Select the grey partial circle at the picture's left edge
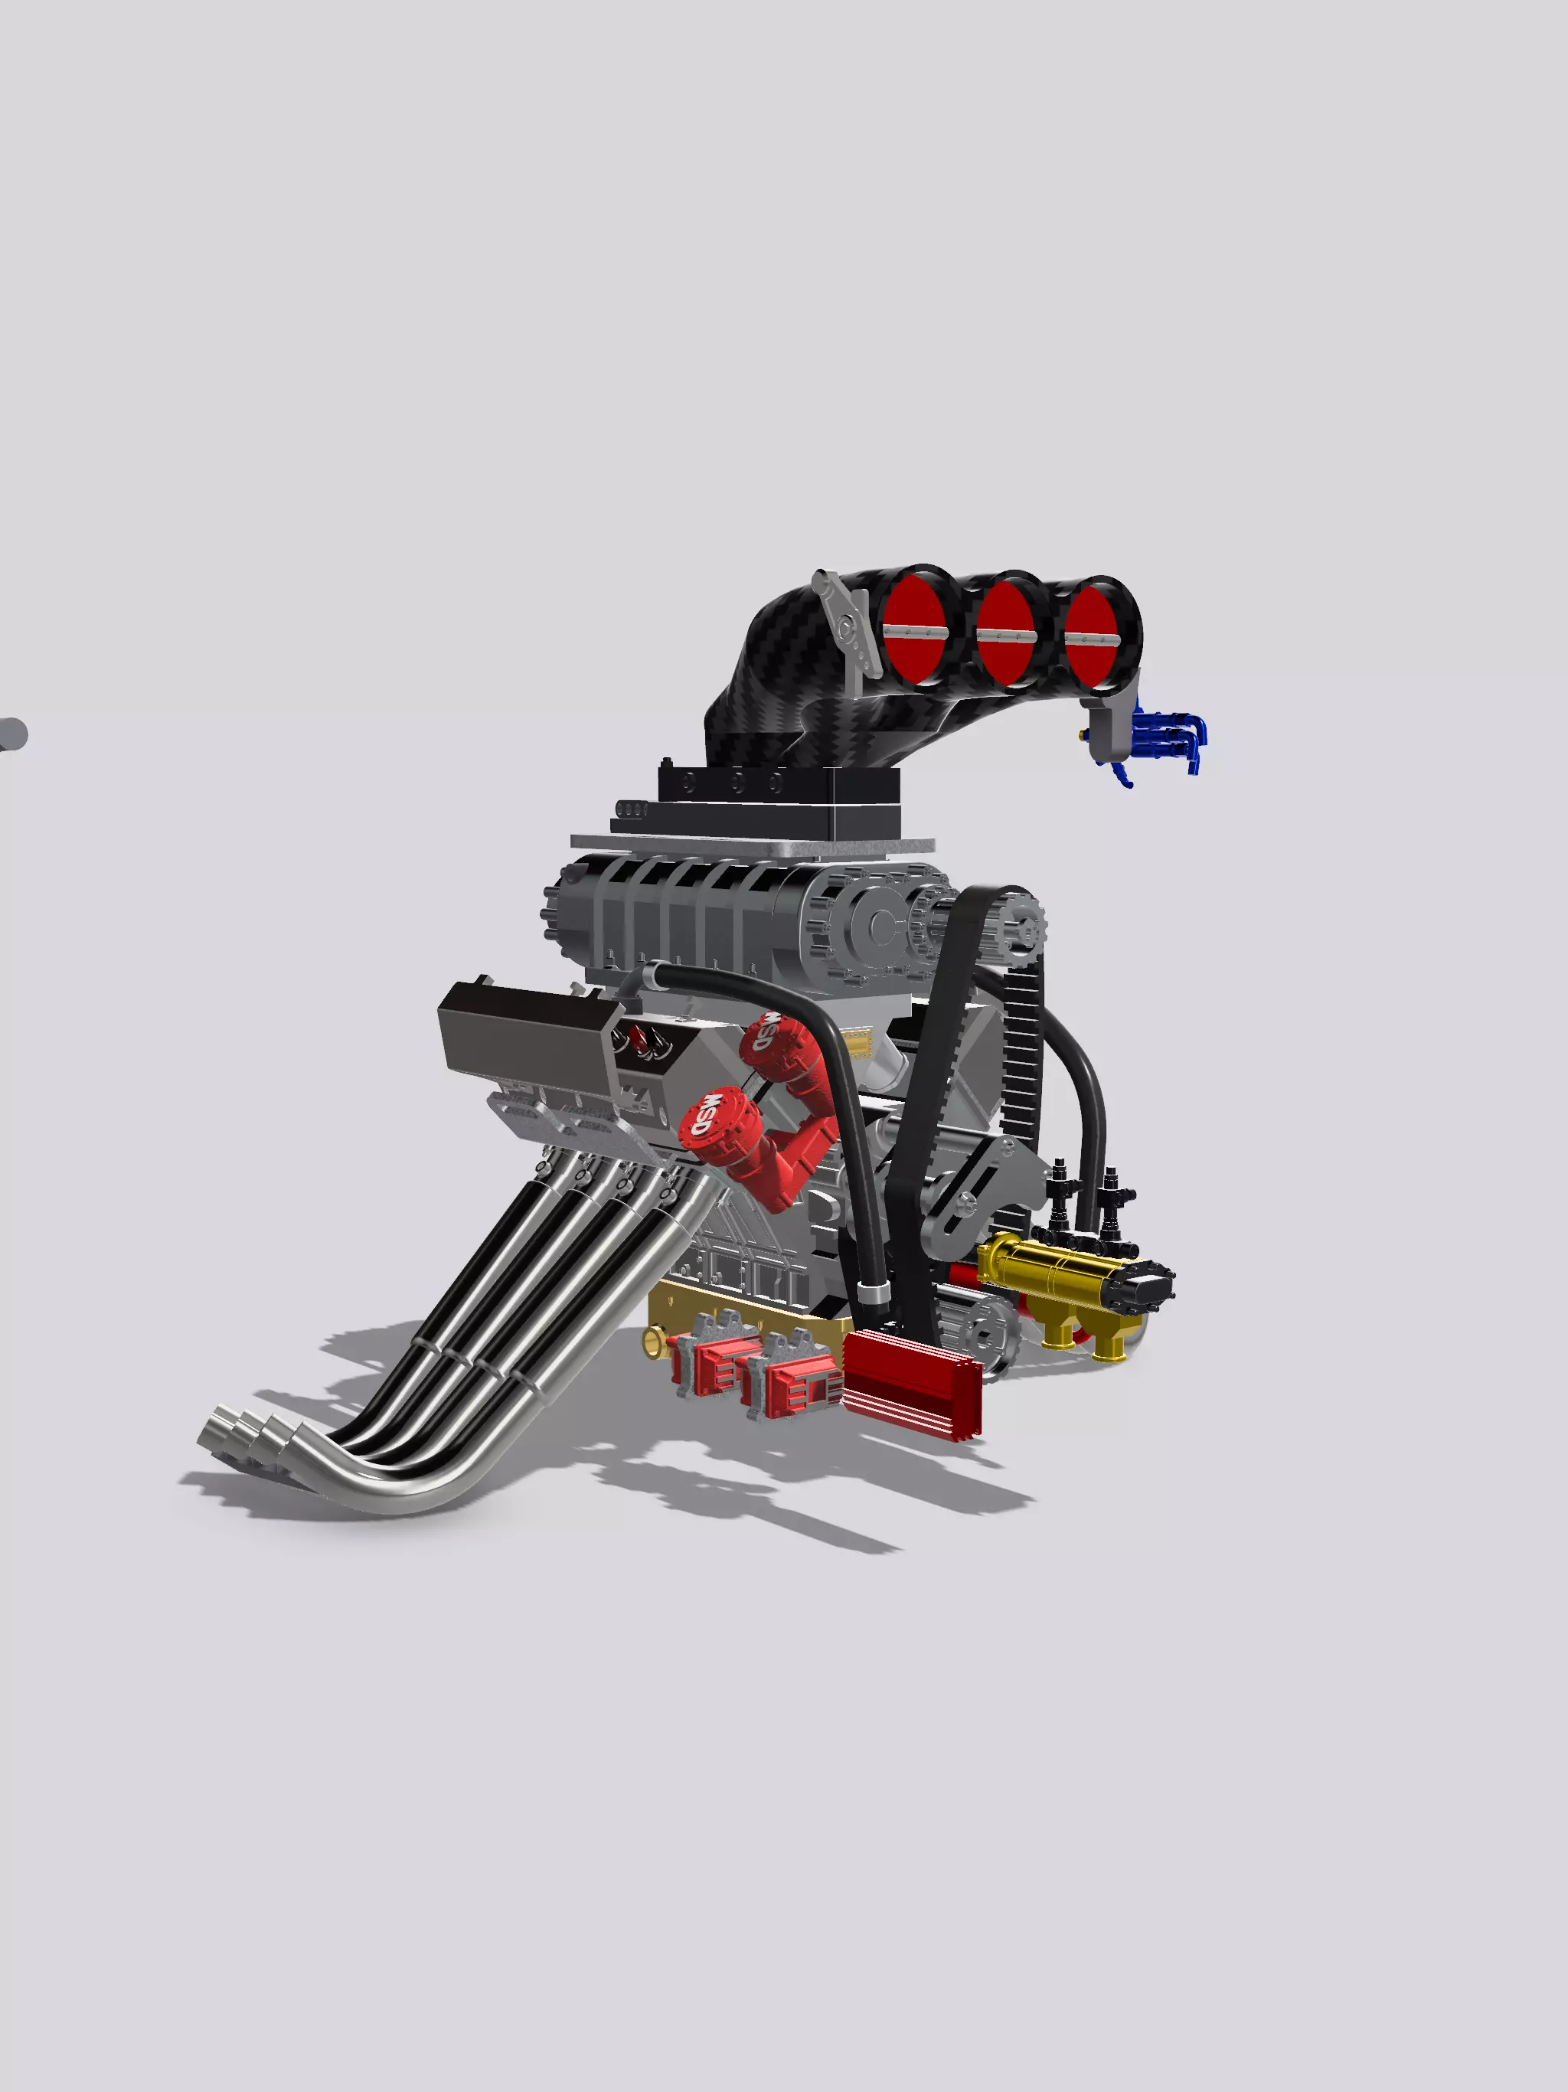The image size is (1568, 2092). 11,734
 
